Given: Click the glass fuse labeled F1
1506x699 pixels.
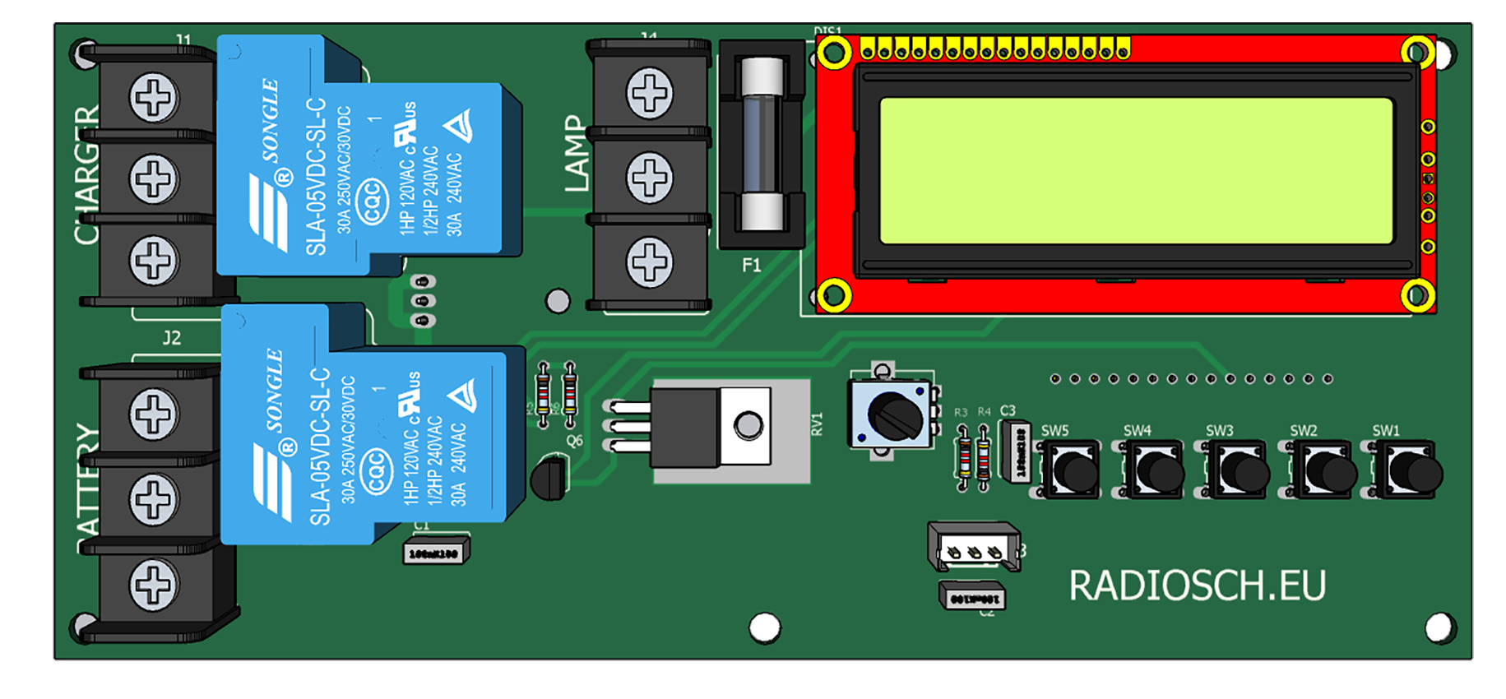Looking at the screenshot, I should coord(762,144).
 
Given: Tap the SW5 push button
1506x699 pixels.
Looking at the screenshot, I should coord(1070,471).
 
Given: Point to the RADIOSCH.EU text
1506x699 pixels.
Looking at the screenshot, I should coord(1197,586).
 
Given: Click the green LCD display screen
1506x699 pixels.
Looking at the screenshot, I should coord(1136,171).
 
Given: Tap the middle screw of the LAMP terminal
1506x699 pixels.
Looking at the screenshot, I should coord(650,178).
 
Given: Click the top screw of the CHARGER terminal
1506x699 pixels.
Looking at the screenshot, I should coord(154,98).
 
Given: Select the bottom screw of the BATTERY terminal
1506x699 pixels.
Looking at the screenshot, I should coord(154,585).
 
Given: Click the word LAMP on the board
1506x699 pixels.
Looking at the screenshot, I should coord(577,154).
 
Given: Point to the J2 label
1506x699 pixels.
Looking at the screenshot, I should coord(171,338).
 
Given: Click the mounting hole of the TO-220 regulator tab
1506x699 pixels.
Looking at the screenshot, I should coord(748,426).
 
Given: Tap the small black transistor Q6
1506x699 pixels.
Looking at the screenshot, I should coord(549,479).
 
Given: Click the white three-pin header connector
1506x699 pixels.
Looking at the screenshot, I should coord(974,548).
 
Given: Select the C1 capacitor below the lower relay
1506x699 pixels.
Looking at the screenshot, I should coord(435,553).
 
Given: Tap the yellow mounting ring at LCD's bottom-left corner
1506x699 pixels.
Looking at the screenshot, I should coord(833,294).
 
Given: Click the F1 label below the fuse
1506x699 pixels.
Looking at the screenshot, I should coord(751,266).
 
